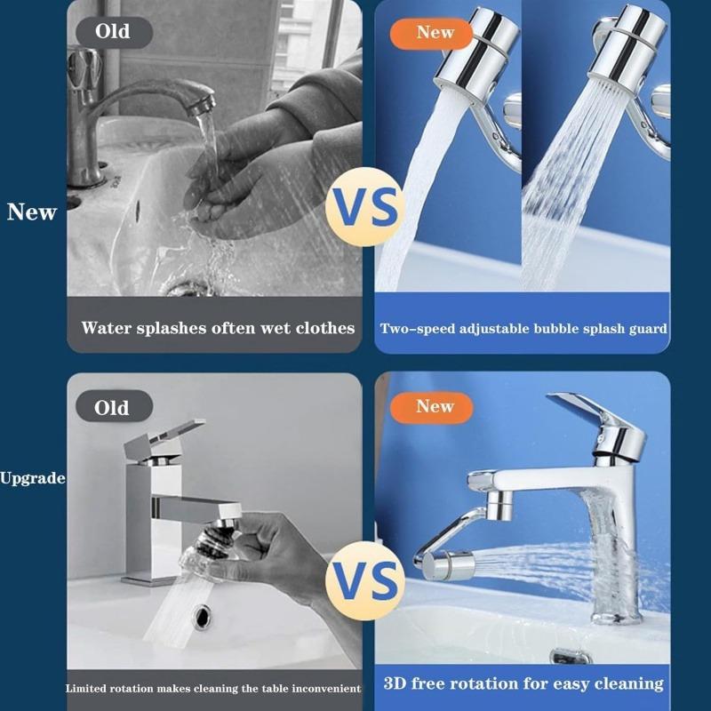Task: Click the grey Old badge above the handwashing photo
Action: [112, 32]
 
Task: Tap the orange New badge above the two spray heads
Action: [435, 33]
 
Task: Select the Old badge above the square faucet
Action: [112, 408]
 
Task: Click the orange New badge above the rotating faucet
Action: [435, 407]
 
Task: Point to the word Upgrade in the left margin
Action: [33, 478]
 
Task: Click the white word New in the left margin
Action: [32, 212]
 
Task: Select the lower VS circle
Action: [365, 582]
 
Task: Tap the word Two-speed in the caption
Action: [413, 329]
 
